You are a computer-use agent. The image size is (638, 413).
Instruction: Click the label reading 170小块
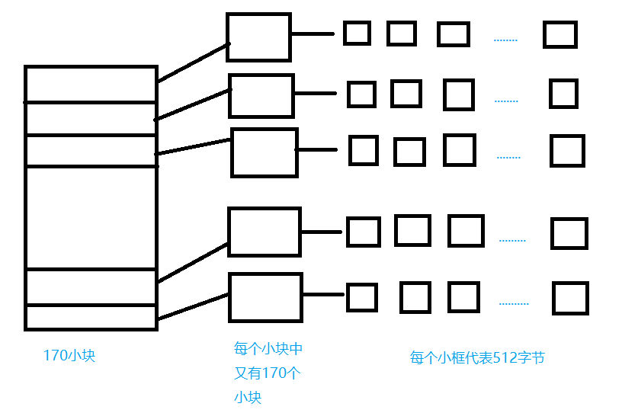[69, 356]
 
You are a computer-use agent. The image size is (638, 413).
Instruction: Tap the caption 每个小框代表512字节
[477, 358]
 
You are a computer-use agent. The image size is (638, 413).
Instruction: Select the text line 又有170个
[268, 373]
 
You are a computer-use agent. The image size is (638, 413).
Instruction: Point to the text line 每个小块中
[268, 349]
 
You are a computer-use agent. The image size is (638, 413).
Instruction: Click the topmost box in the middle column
[258, 37]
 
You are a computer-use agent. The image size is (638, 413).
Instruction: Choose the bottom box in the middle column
[265, 297]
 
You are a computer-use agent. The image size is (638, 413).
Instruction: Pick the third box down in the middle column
[264, 152]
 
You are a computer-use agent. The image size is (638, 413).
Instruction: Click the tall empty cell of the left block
[91, 217]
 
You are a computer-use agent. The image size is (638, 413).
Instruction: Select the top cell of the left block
[91, 85]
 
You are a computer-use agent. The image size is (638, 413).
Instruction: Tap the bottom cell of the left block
[91, 317]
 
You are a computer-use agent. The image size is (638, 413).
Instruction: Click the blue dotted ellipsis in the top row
[505, 40]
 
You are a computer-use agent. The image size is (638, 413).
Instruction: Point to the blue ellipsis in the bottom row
[514, 303]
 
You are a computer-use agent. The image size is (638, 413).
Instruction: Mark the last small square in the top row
[560, 35]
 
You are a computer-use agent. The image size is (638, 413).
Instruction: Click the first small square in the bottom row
[362, 297]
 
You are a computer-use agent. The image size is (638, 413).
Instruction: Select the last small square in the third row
[567, 151]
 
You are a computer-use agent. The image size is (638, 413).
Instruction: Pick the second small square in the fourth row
[412, 230]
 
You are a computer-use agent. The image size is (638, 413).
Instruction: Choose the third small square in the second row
[458, 95]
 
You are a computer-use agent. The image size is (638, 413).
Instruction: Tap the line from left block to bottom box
[193, 306]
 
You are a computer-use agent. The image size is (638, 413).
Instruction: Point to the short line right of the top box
[313, 34]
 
